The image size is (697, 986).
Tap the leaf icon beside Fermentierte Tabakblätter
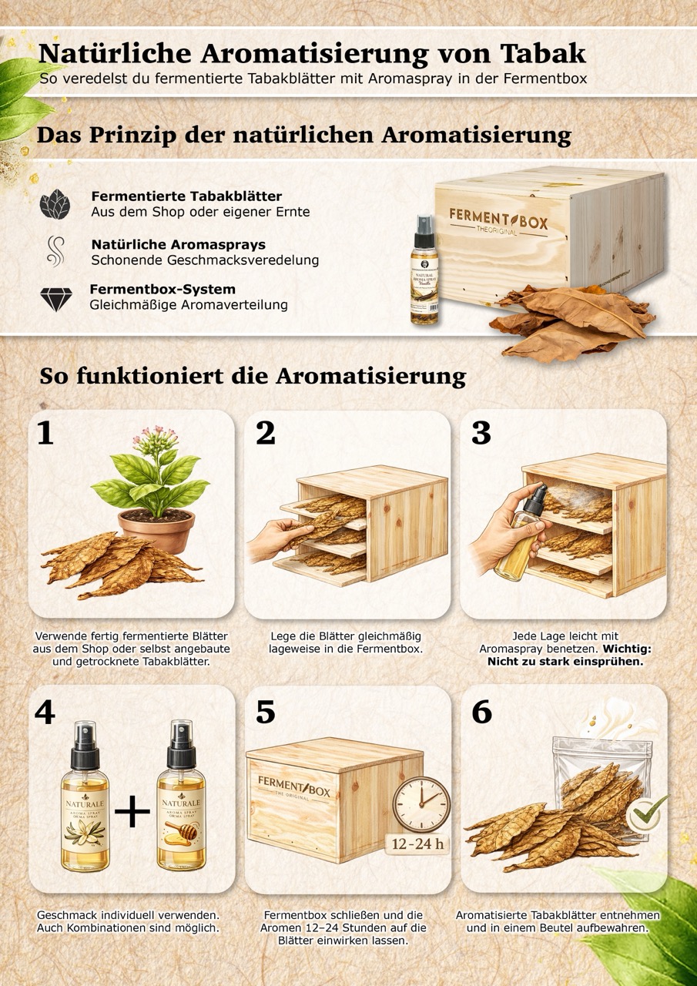click(x=55, y=204)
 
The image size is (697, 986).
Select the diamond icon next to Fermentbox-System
click(x=56, y=300)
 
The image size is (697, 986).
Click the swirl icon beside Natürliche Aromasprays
click(x=56, y=251)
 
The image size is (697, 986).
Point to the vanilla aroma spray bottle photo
click(x=424, y=270)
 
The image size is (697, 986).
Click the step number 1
click(x=45, y=433)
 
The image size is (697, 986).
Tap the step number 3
click(x=481, y=433)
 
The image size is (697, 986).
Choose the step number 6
click(x=482, y=712)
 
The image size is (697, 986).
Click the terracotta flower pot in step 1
click(x=156, y=530)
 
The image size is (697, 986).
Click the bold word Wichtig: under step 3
click(x=627, y=649)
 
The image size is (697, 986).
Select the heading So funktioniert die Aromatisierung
click(x=253, y=377)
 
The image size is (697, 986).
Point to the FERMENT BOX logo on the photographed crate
click(x=498, y=221)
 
